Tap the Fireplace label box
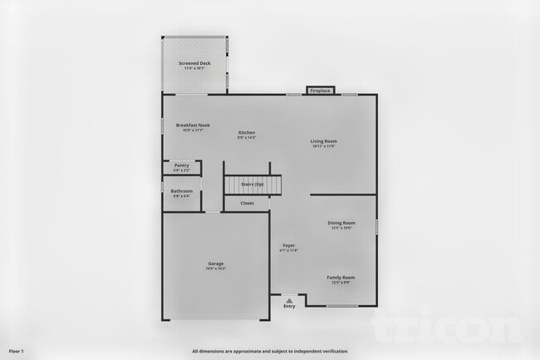click(320, 90)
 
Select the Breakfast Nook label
click(193, 126)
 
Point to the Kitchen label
click(247, 132)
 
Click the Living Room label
click(324, 141)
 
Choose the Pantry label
click(181, 165)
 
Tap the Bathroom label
click(181, 190)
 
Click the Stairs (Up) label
click(253, 184)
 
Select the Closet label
click(247, 203)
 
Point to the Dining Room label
click(341, 223)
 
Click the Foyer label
click(289, 245)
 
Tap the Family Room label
click(341, 277)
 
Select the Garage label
click(215, 264)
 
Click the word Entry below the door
click(289, 306)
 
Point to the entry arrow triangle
click(289, 299)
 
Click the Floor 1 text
click(17, 351)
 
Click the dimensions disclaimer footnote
click(270, 351)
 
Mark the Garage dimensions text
click(215, 269)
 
